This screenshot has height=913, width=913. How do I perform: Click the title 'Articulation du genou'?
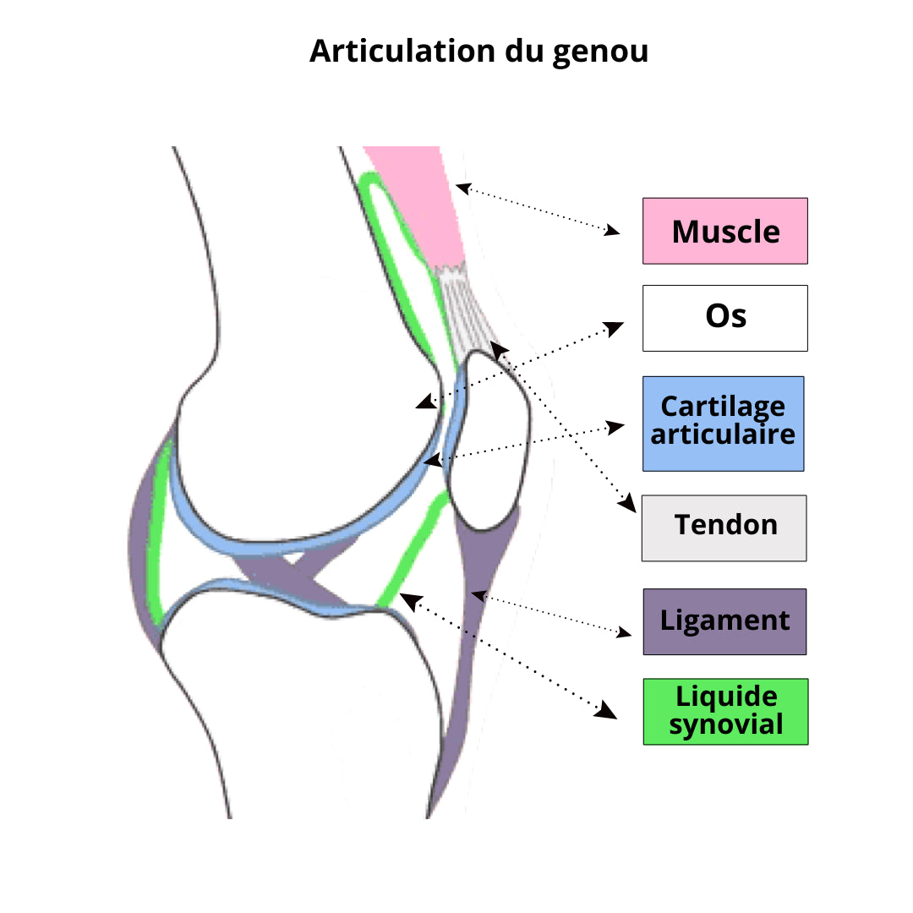click(x=478, y=51)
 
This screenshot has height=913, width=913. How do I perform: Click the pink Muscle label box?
click(x=724, y=231)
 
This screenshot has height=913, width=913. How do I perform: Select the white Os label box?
click(x=724, y=318)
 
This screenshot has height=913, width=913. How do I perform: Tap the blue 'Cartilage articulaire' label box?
click(x=723, y=424)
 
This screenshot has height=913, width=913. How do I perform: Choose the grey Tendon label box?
click(x=724, y=528)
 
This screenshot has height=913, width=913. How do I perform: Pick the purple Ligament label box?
click(x=724, y=621)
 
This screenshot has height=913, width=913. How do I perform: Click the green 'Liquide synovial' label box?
click(x=725, y=711)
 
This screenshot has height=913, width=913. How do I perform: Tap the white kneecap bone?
click(x=490, y=440)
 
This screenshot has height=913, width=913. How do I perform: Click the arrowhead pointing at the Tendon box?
click(x=626, y=505)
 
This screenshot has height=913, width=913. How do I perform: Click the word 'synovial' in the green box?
click(x=725, y=724)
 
